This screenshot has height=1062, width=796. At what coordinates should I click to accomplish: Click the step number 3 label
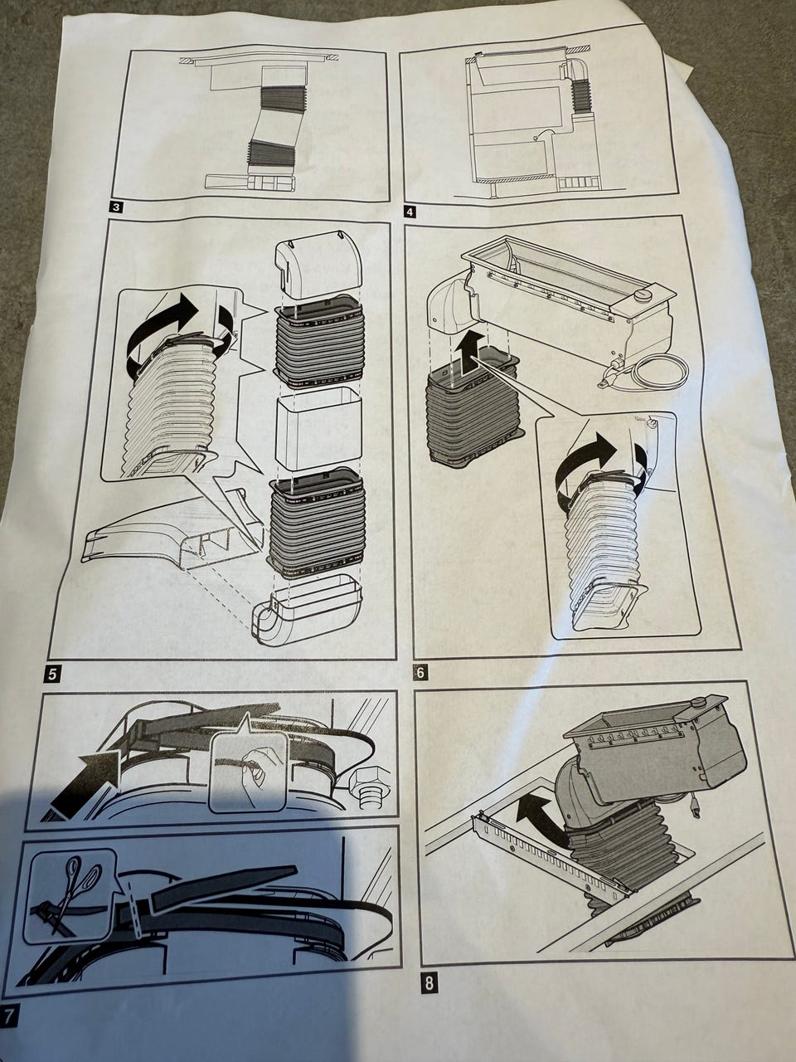117,208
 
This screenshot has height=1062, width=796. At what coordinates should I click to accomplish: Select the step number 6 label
420,672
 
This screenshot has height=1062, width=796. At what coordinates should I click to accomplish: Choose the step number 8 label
429,985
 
